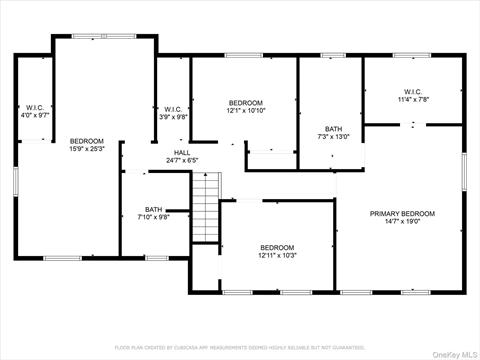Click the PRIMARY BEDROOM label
pos(402,213)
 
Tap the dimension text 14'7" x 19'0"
pos(402,222)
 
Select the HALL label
pos(182,152)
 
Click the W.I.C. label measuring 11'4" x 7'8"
pos(412,90)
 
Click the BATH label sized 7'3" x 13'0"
pos(333,128)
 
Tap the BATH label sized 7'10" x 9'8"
pos(153,209)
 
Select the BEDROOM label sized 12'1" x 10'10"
pos(245,103)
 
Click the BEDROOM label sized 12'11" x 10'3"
pos(277,247)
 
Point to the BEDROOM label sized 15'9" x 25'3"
pos(86,141)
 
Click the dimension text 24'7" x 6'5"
pos(182,160)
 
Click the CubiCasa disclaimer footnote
pos(239,347)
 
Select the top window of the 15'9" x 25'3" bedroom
pos(104,36)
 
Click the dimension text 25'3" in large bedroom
pos(96,150)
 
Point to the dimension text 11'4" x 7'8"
pos(412,99)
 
